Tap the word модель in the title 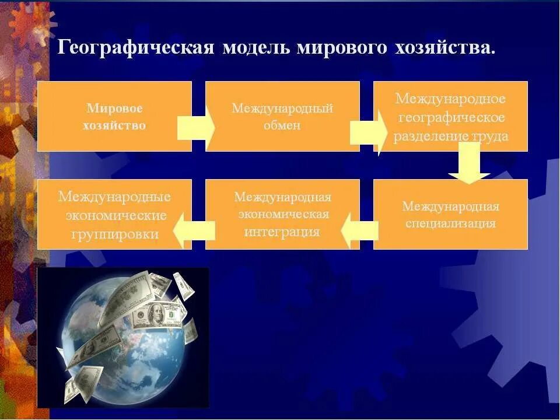pos(256,48)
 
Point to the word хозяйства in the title pos(444,48)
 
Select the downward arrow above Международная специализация pos(469,163)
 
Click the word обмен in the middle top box pos(282,125)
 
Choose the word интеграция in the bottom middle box pos(282,232)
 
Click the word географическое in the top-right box pos(450,117)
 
